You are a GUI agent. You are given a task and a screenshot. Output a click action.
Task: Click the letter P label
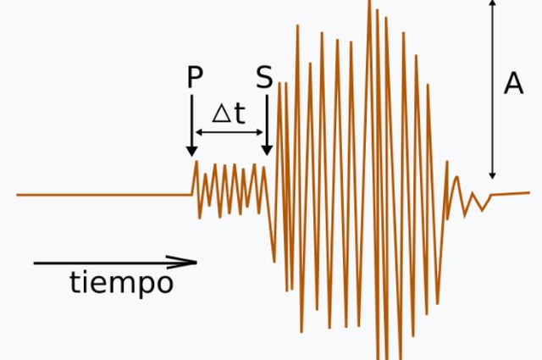[194, 78]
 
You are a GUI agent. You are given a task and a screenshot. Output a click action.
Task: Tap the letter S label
[264, 78]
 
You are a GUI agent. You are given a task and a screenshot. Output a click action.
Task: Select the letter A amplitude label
[513, 84]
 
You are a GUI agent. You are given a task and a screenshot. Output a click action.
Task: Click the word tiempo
[121, 283]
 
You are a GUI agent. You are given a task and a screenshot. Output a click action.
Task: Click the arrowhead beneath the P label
[192, 151]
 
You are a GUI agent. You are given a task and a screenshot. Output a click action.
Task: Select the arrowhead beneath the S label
[267, 150]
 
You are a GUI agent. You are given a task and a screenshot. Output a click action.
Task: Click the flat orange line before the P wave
[102, 195]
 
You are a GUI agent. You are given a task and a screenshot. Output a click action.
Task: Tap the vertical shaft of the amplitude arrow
[492, 85]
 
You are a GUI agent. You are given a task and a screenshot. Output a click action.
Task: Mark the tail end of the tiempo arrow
[36, 263]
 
